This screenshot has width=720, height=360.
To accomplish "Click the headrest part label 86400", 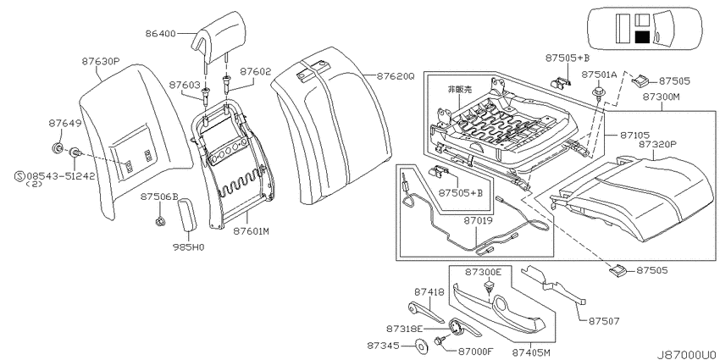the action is (x=161, y=34).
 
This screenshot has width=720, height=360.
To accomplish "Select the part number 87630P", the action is (x=101, y=61).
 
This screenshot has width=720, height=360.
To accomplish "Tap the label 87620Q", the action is (x=396, y=76).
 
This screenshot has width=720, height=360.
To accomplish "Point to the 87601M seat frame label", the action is (x=251, y=232).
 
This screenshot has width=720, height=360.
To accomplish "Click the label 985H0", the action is (x=188, y=247).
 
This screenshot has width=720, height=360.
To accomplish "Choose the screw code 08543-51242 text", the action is (x=61, y=176).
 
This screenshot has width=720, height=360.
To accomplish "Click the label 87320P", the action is (x=657, y=143).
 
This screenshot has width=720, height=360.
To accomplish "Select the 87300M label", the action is (x=662, y=97).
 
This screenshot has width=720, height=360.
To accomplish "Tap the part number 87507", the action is (x=604, y=321).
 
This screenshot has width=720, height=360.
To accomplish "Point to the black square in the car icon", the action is (x=642, y=36).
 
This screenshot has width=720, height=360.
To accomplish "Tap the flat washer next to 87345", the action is (x=420, y=345).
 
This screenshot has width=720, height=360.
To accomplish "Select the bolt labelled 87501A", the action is (x=599, y=91).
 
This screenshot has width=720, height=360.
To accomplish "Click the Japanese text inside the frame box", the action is (x=460, y=90).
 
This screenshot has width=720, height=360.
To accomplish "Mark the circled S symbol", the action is (x=19, y=176).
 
